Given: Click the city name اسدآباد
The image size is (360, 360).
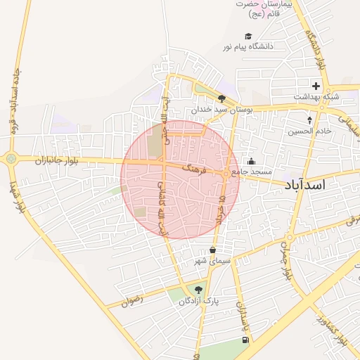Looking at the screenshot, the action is [x=314, y=185].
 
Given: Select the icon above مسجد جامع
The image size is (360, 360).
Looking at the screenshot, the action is [x=251, y=161].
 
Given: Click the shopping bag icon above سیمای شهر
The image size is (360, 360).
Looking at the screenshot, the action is [x=213, y=250].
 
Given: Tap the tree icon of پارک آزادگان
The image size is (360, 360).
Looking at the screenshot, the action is [x=198, y=288].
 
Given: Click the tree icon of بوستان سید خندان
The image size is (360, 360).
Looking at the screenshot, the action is [x=222, y=99].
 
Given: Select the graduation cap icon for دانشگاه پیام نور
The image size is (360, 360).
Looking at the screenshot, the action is [x=247, y=37].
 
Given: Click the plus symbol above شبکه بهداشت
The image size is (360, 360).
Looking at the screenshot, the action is [x=316, y=86].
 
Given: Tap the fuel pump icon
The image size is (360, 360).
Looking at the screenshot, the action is [x=245, y=340].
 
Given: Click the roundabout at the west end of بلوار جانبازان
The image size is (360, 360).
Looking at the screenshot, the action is [x=11, y=159].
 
